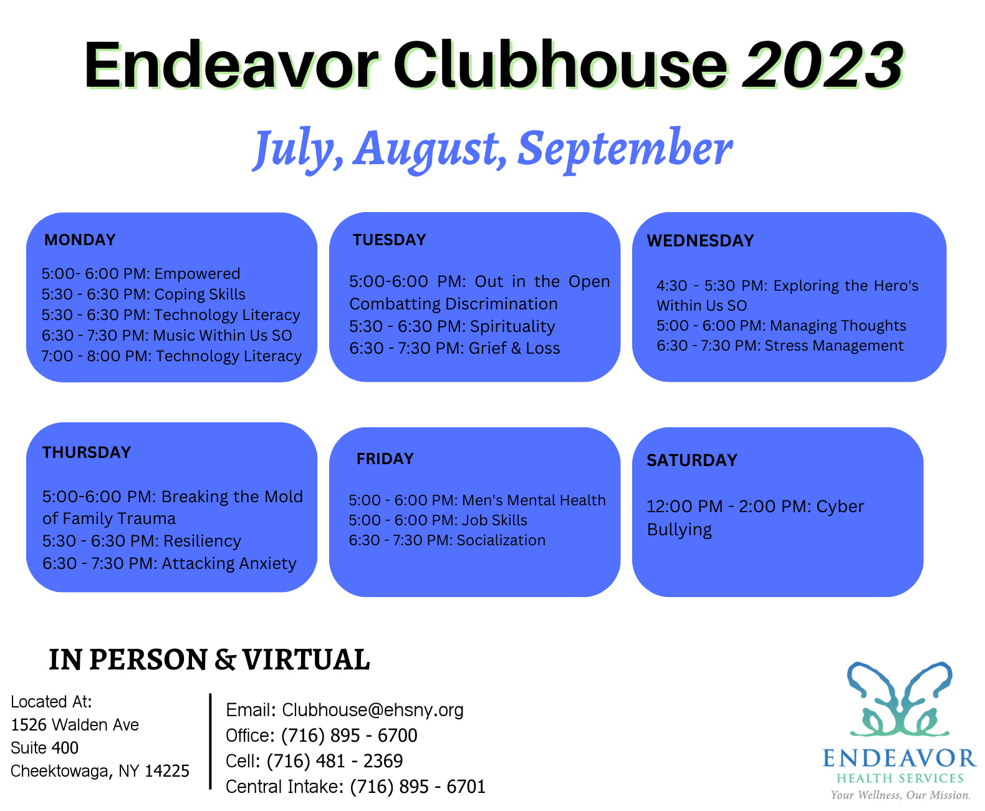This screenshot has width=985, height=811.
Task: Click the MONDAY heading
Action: pos(79,240)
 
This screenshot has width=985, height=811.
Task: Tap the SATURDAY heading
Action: pos(692,460)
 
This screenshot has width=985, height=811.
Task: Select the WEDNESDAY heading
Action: pos(700,241)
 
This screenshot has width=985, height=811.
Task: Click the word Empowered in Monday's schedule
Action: pos(197,274)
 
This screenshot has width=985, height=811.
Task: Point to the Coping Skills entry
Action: pos(199,294)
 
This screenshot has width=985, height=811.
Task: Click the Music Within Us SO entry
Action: pos(223,336)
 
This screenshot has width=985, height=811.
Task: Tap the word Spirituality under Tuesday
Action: pos(512,327)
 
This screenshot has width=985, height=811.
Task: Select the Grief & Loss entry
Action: pos(514,348)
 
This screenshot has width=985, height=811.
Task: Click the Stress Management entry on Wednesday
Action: pos(834,346)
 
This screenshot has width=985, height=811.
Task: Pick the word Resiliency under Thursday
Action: pos(202,541)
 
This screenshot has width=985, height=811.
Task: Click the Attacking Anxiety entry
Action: pos(229,564)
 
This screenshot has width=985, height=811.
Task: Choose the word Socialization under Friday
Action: pos(501,540)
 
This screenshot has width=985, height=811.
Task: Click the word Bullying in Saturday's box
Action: pos(679,530)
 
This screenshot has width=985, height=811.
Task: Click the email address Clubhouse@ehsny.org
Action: pos(373,711)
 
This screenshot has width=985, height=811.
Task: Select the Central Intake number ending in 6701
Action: pos(418,787)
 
